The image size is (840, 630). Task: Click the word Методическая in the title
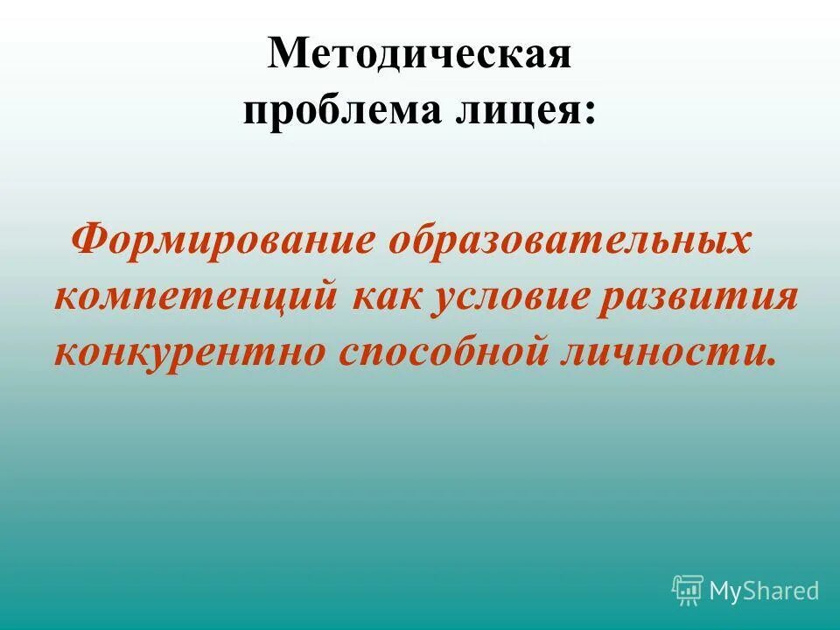[x=420, y=55]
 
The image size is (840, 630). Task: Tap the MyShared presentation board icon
[x=688, y=590]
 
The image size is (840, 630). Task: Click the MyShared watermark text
[x=764, y=591]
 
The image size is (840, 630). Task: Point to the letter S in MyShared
[x=751, y=591]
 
